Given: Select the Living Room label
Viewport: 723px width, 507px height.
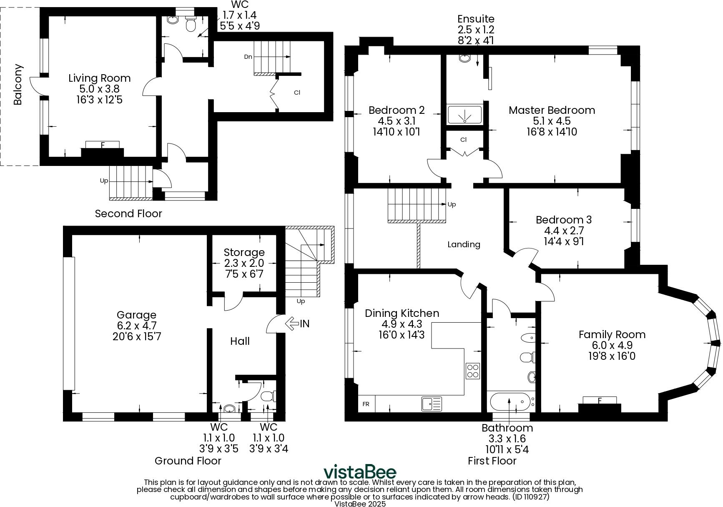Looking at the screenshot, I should tap(99, 78).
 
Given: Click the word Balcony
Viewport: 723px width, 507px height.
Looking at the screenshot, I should tap(18, 84).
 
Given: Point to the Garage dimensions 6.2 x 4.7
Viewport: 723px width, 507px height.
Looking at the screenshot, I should tap(136, 326).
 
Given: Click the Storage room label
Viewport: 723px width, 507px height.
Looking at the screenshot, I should tap(244, 252).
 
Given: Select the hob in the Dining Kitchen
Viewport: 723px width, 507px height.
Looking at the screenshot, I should tap(473, 371).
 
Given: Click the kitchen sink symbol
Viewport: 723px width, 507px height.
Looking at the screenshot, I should tap(432, 404).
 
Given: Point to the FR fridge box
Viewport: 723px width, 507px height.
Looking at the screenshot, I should tap(366, 404).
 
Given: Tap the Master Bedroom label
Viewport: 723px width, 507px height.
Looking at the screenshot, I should tap(551, 110).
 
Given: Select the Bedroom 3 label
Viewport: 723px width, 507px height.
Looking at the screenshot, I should tap(563, 220).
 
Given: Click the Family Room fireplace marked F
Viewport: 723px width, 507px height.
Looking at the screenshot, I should tap(599, 401).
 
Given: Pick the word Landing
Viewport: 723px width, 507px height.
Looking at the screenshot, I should tap(464, 244).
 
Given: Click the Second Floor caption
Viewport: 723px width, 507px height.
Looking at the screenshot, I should tap(128, 213).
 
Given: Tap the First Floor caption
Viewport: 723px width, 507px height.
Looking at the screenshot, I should tap(492, 461).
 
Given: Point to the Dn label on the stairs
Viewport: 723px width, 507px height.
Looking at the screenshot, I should tap(248, 57).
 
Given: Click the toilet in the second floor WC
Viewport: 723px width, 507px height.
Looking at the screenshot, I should tap(191, 25).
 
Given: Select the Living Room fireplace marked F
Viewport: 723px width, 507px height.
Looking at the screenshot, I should tap(102, 145).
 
